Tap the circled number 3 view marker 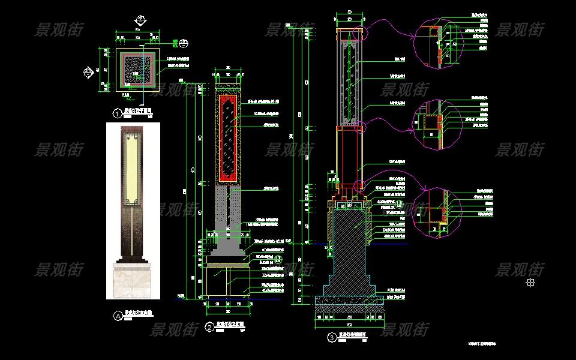click(x=332, y=338)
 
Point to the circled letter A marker click(x=118, y=314)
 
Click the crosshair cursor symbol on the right click(x=530, y=282)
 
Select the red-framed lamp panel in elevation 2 click(x=228, y=138)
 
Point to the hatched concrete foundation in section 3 click(x=351, y=246)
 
